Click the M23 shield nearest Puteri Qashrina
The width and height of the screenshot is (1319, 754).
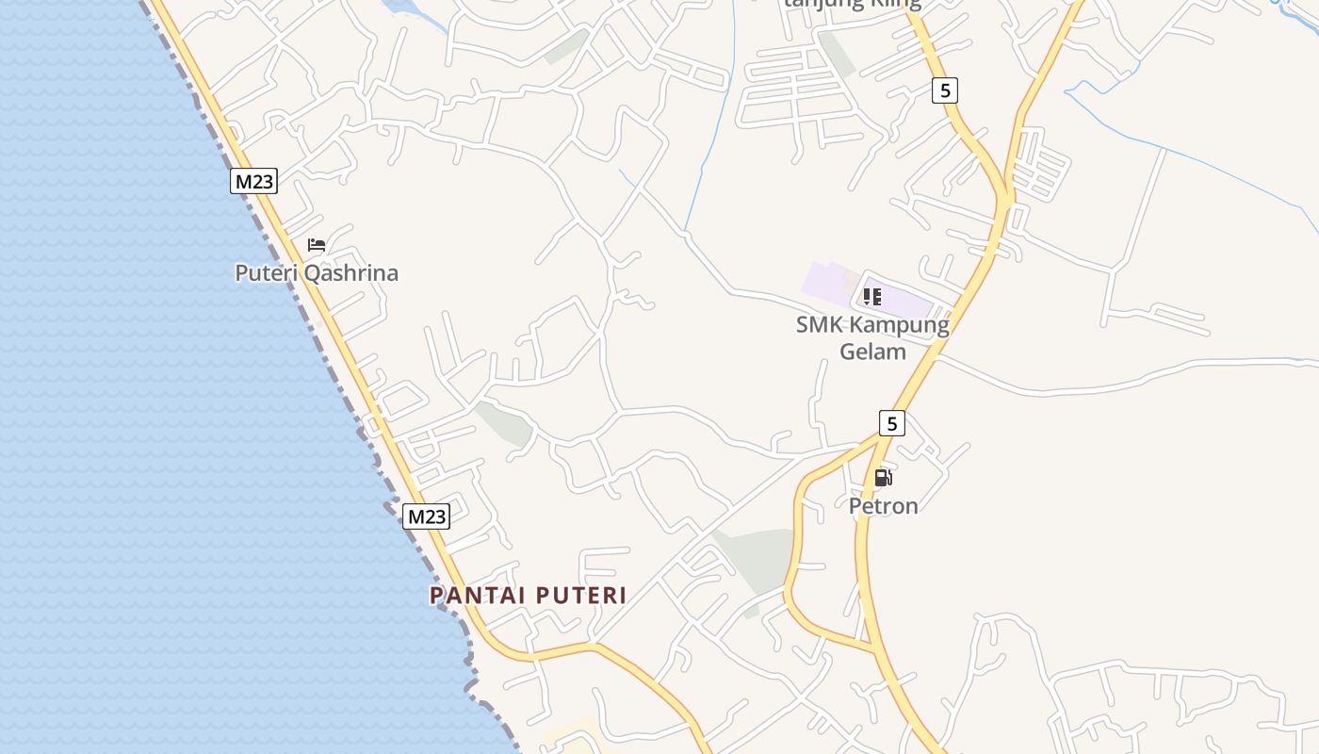pos(253,181)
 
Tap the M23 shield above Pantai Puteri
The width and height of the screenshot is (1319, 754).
pos(426,516)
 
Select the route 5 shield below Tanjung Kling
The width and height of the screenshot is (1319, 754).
pos(945,90)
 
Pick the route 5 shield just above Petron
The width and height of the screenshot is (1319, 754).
pos(891,423)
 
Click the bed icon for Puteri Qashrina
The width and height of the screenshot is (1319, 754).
pos(317,245)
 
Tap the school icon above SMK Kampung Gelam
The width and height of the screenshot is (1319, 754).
pos(871,298)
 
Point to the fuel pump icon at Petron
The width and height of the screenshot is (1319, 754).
pos(883,478)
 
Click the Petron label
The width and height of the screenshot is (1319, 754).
pos(883,506)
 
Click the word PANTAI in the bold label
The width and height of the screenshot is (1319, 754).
pos(479,596)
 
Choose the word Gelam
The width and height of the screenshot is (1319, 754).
pos(872,352)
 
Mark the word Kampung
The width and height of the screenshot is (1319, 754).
pos(899,325)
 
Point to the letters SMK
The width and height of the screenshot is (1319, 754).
pos(820,325)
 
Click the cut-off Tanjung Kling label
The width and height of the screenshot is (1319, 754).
pos(852,4)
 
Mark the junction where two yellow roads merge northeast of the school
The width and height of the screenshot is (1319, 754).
pos(1006,200)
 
